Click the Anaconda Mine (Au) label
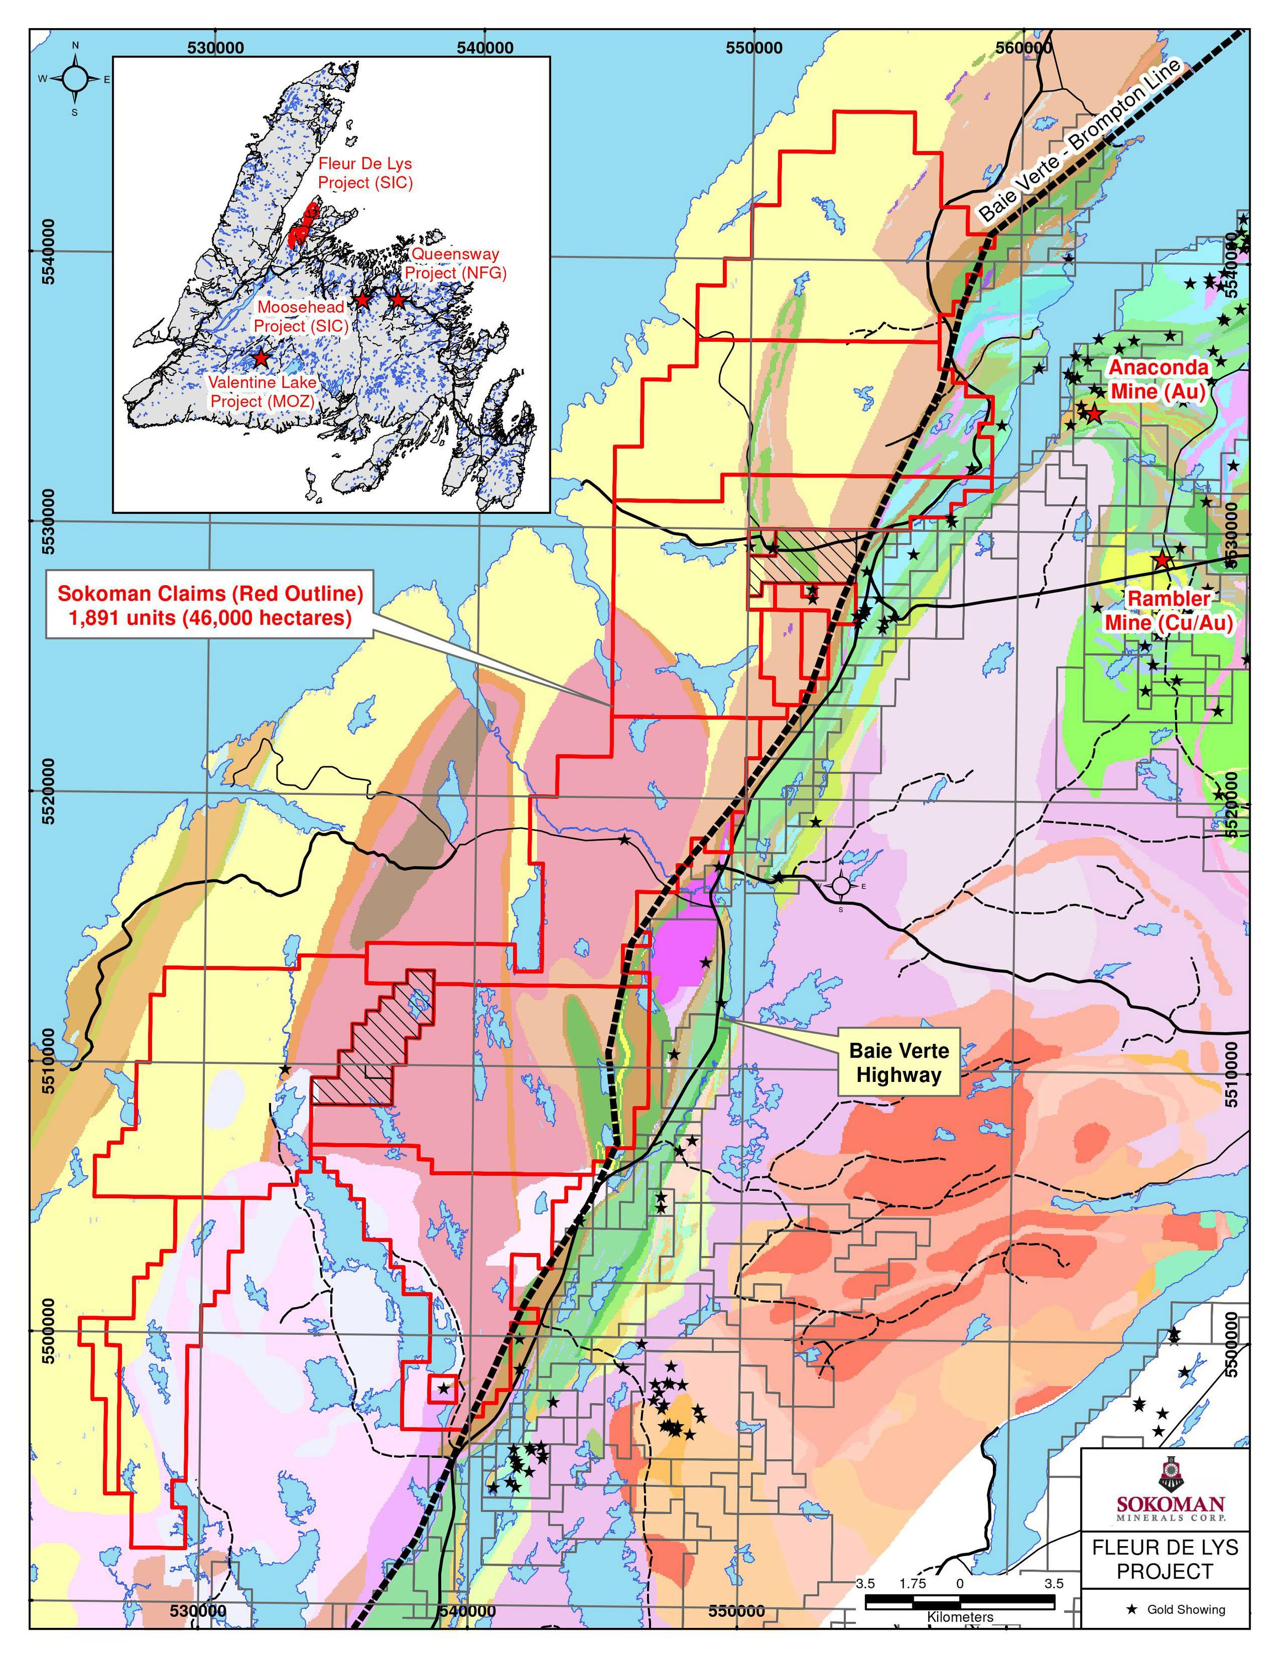tap(1158, 379)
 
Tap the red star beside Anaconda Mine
tap(1093, 414)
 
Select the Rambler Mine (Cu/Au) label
tap(1168, 611)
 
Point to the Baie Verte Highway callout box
tap(898, 1062)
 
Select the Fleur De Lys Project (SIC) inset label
tap(365, 173)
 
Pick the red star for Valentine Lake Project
tap(261, 357)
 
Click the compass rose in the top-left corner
tap(75, 78)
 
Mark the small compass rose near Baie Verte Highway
tap(841, 885)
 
